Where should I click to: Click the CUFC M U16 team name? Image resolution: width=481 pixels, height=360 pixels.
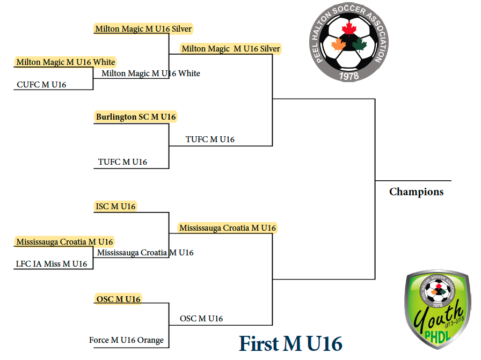coord(41,85)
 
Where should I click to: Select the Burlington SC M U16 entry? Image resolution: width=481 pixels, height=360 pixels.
coord(136,117)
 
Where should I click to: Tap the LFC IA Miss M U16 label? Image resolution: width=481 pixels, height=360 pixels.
coord(52,264)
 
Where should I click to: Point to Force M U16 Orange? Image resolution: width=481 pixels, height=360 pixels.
coord(126,340)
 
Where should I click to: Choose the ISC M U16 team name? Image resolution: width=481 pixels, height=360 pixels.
coord(115,207)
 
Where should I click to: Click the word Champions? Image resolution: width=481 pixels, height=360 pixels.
coord(416,192)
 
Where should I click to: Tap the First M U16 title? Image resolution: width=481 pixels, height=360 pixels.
coord(290,343)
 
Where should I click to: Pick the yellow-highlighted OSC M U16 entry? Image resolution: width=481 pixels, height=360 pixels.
coord(119,299)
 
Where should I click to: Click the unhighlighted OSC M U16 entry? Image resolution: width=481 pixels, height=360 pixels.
coord(201,319)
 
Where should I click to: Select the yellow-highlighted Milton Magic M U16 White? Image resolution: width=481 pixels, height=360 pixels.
coord(65,62)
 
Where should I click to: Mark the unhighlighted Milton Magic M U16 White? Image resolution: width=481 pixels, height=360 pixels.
coord(151,74)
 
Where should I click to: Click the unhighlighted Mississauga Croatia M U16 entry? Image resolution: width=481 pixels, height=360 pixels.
coord(145,253)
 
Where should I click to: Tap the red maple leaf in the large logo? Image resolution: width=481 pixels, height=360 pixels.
coord(349,29)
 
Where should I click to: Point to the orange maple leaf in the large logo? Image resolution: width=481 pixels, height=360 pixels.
coord(338,45)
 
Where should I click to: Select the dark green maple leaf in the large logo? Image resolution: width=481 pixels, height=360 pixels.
coord(359,44)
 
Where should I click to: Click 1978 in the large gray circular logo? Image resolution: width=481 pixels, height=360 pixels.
coord(349,76)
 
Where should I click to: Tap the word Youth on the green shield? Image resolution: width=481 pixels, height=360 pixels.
coord(439,317)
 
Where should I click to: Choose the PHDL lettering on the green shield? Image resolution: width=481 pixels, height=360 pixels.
coord(438,337)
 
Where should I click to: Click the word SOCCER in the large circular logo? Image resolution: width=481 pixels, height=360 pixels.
coord(349,10)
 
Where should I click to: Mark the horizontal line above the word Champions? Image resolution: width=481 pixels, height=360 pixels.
coord(413,181)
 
